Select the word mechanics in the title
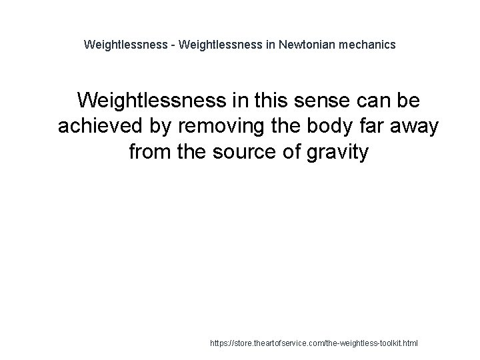pos(370,45)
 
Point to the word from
pos(150,153)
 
